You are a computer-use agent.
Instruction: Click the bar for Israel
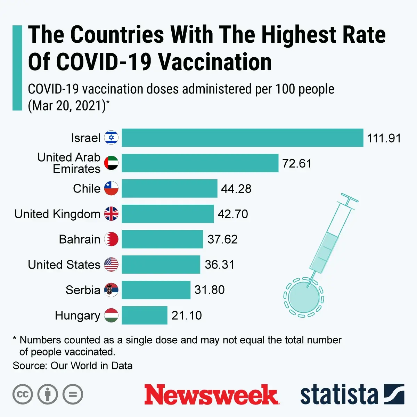242,138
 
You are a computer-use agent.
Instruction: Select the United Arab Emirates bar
200,163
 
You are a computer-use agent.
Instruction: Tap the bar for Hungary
144,315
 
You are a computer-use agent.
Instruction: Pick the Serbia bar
156,290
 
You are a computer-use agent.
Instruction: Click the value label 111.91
384,138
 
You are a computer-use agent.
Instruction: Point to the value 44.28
236,189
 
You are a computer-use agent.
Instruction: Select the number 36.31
220,265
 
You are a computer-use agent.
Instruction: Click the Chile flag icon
111,188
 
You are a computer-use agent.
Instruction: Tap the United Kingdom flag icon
111,214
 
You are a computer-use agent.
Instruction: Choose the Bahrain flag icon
111,239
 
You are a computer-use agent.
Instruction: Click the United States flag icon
111,264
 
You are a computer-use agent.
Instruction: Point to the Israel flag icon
111,138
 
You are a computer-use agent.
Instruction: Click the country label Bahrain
80,239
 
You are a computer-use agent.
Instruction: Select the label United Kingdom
57,214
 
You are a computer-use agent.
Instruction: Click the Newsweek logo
211,395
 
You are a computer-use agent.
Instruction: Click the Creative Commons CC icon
23,395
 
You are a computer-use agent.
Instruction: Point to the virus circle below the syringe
304,297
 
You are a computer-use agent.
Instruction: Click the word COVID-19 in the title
104,62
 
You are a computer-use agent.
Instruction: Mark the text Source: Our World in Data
73,366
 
